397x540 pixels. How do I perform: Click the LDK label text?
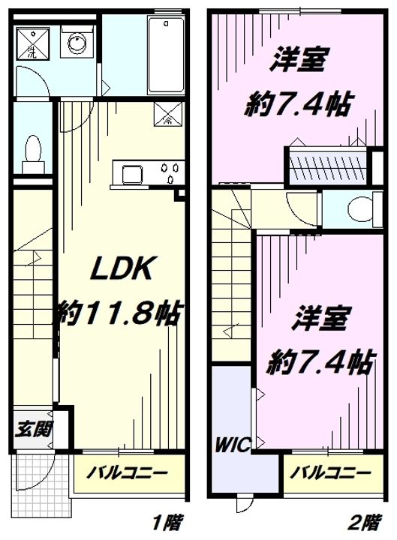121,269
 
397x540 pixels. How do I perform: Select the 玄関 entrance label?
33,429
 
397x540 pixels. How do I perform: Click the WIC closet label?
233,445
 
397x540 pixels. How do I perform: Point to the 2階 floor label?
365,523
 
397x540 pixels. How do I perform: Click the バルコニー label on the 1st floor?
127,472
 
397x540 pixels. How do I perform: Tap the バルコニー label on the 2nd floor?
330,472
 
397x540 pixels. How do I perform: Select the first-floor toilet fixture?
33,154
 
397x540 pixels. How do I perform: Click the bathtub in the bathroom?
166,54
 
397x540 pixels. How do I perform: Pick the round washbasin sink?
77,42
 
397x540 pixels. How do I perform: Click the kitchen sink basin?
132,175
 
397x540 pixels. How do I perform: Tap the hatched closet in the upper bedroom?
326,166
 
